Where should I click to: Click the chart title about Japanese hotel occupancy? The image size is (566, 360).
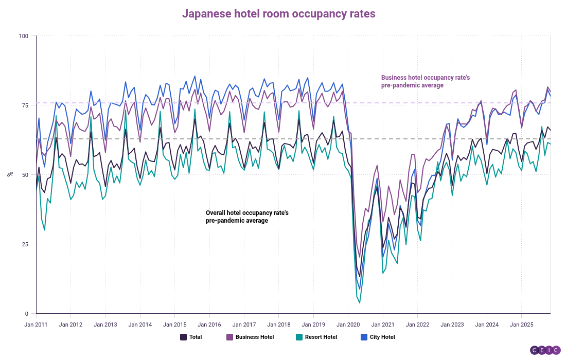[278, 14]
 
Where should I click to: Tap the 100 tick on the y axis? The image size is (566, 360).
[24, 36]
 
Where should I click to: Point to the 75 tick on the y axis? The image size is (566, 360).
[26, 105]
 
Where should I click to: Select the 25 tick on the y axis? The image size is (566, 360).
[26, 244]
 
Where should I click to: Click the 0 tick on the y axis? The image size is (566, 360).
[27, 314]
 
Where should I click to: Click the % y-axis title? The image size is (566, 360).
[10, 174]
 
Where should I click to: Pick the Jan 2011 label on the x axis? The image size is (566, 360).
[36, 325]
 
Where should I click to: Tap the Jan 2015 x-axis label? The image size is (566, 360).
[175, 325]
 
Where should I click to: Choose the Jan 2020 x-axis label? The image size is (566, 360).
[348, 325]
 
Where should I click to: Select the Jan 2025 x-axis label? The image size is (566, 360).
[521, 325]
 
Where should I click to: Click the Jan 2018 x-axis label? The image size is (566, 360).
[279, 325]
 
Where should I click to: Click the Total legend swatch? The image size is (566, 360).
[183, 337]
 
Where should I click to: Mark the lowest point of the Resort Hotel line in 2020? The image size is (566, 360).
[360, 303]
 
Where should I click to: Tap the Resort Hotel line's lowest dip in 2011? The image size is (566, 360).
[45, 230]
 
